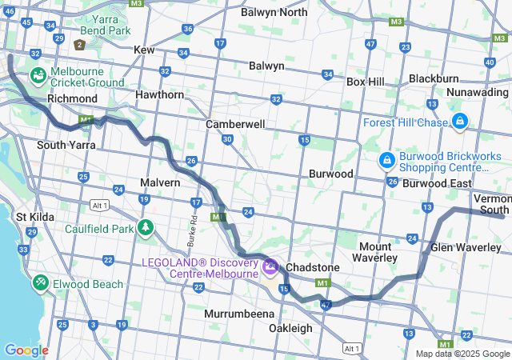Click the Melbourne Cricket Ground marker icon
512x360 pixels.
pyautogui.click(x=38, y=76)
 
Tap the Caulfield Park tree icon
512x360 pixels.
pyautogui.click(x=145, y=228)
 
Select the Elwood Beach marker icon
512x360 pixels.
pyautogui.click(x=41, y=283)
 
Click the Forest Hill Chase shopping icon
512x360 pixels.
pyautogui.click(x=459, y=122)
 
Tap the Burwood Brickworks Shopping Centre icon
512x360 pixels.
pyautogui.click(x=387, y=161)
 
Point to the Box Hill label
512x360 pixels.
pyautogui.click(x=365, y=82)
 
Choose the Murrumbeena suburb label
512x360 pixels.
pyautogui.click(x=239, y=313)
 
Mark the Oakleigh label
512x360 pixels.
pyautogui.click(x=290, y=328)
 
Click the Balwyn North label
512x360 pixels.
pyautogui.click(x=274, y=12)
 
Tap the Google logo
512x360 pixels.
pyautogui.click(x=26, y=350)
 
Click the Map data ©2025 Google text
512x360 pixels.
pyautogui.click(x=462, y=354)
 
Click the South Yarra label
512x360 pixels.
pyautogui.click(x=66, y=145)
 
